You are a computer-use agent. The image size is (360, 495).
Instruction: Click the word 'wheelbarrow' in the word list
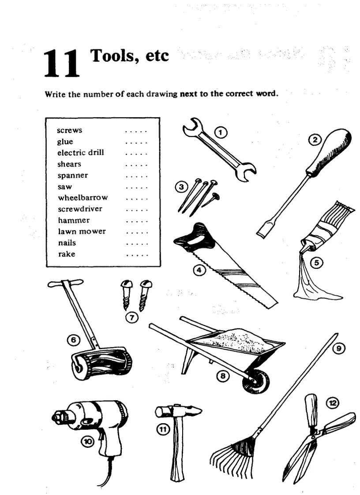pos(82,198)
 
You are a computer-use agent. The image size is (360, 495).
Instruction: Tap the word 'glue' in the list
pos(65,142)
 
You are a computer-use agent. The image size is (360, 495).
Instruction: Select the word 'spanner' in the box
pos(72,175)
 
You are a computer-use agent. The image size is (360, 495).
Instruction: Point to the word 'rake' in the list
pos(66,254)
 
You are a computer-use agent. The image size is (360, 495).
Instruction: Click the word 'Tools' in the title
pos(112,56)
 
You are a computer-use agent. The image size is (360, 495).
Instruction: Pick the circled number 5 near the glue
pos(316,264)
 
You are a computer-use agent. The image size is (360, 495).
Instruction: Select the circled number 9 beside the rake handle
pos(339,348)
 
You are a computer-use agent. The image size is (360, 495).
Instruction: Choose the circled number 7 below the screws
pos(132,316)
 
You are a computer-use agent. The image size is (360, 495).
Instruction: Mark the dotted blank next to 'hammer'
pos(137,220)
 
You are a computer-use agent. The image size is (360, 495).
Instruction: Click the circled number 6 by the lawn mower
pos(73,340)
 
